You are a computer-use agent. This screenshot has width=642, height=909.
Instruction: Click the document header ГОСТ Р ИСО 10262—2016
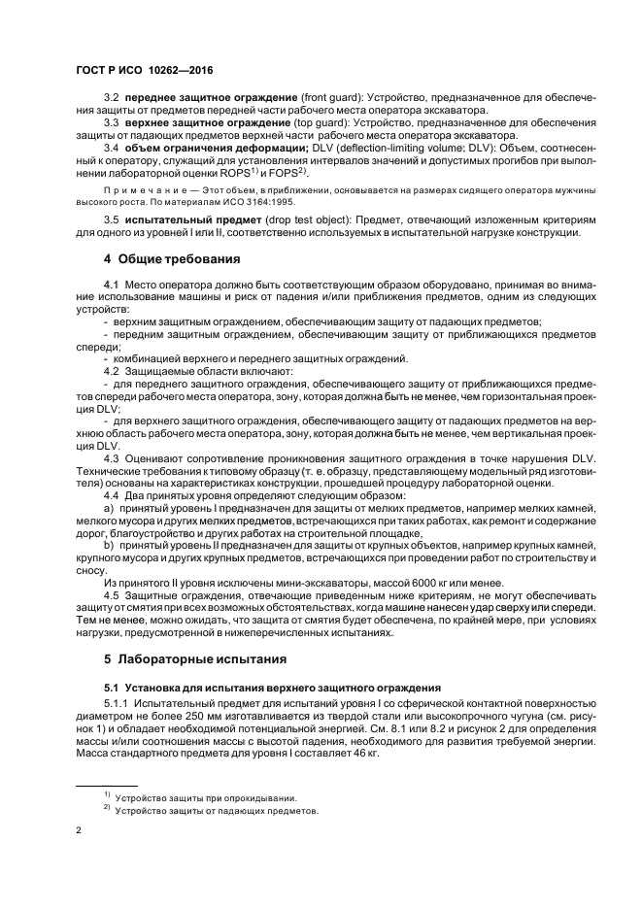click(x=144, y=72)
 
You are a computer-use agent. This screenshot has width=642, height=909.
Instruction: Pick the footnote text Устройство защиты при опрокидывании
click(x=205, y=798)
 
